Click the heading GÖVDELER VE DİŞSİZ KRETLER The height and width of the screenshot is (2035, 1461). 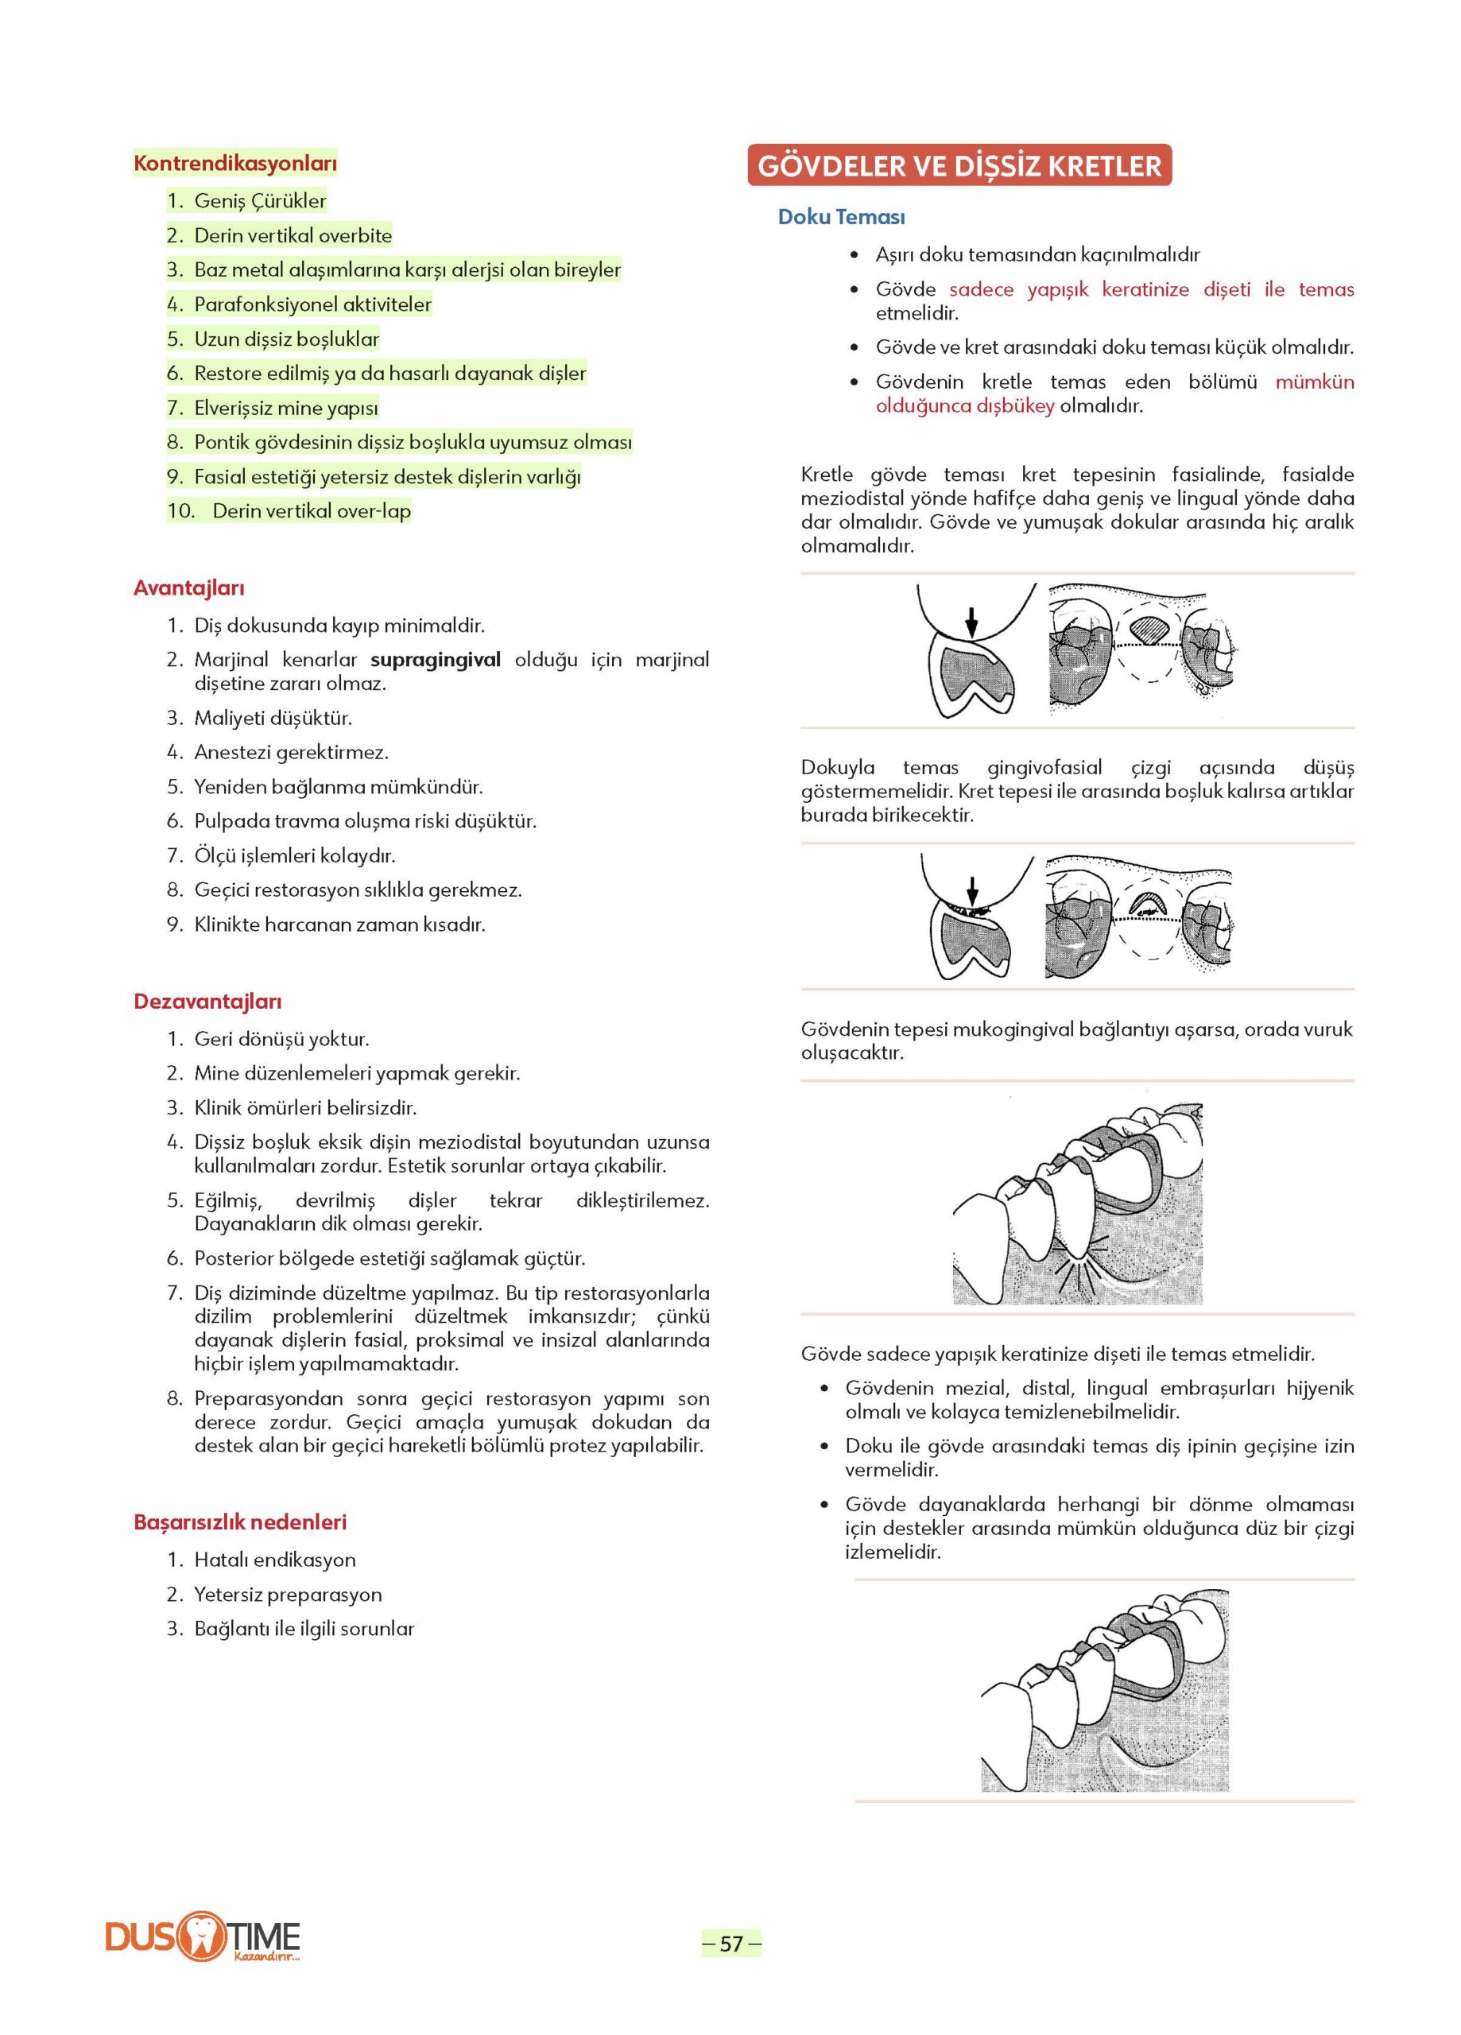click(959, 166)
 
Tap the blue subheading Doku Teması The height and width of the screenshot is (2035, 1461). click(841, 217)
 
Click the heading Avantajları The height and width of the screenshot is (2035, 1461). click(188, 588)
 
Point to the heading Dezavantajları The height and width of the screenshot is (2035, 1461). click(207, 1002)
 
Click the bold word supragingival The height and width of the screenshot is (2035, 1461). click(436, 660)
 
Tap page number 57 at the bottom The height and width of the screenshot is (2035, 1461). click(731, 1944)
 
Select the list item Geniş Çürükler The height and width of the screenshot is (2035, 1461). click(260, 201)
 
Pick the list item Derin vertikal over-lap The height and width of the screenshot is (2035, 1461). click(311, 511)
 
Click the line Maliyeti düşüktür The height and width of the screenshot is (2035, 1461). click(273, 718)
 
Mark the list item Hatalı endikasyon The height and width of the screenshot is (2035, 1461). click(274, 1560)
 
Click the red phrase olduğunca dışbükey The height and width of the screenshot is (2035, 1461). click(965, 405)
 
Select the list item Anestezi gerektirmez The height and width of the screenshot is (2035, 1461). click(291, 752)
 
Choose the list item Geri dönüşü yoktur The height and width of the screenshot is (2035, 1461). click(281, 1039)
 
